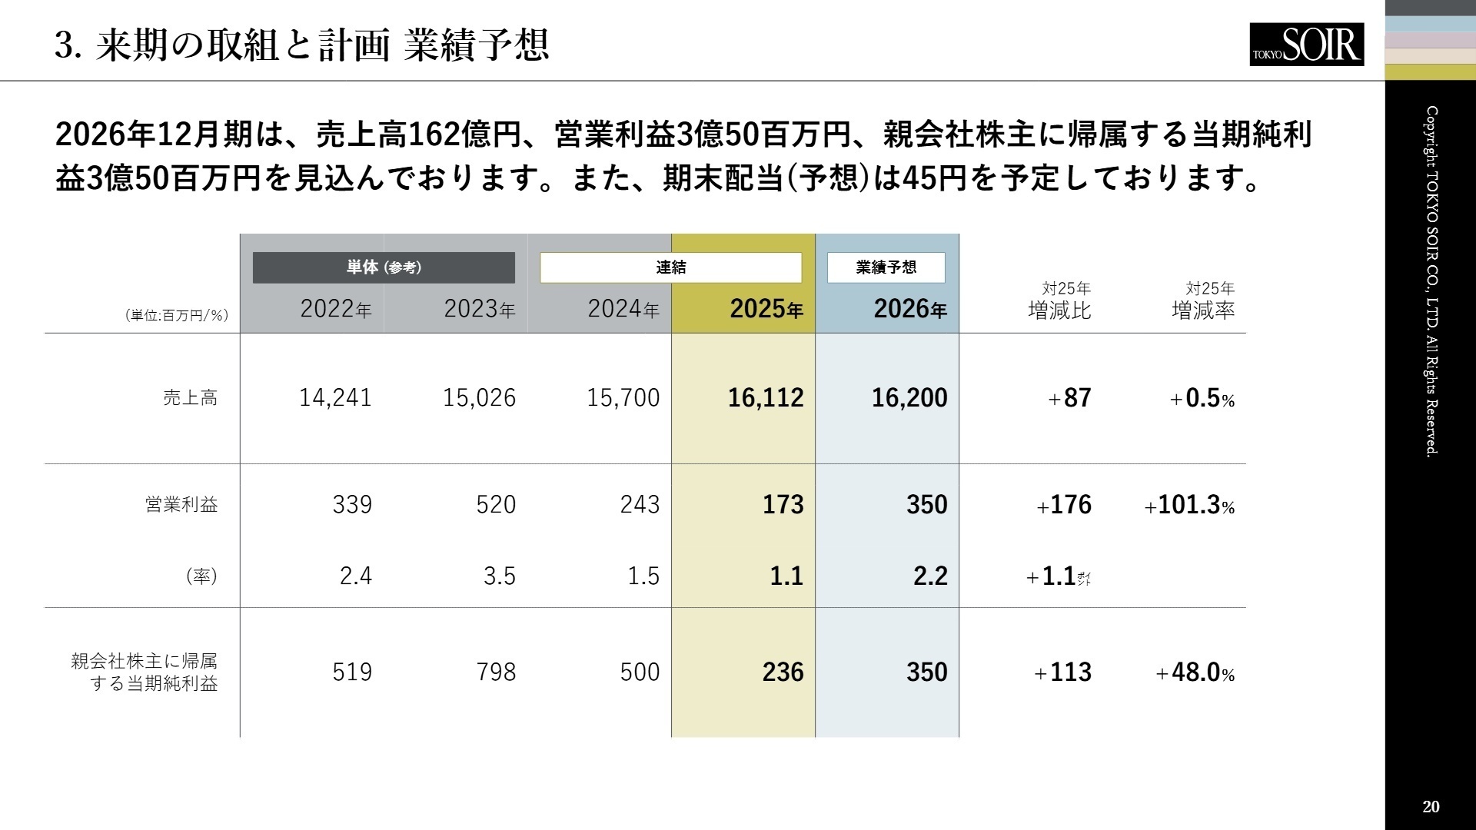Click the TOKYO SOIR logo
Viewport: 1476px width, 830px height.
click(1306, 45)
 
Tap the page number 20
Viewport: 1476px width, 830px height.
click(1431, 806)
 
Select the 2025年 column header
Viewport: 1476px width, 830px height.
click(766, 309)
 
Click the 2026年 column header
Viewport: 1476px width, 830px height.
click(909, 309)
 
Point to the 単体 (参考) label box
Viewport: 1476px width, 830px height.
click(384, 267)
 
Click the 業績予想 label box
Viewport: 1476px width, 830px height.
click(886, 267)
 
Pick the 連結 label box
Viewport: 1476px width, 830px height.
click(670, 267)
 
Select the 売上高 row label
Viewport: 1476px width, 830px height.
click(190, 398)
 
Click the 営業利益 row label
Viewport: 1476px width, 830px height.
click(181, 505)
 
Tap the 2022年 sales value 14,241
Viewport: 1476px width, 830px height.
click(335, 398)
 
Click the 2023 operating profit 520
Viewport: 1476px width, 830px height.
click(496, 505)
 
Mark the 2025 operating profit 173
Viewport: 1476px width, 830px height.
click(783, 505)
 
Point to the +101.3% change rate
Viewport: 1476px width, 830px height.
click(1189, 506)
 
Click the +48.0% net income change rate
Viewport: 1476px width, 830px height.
click(1195, 673)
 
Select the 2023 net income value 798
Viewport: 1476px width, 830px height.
click(496, 672)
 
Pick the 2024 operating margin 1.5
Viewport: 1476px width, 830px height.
click(643, 576)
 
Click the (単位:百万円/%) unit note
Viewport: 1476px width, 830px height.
click(177, 316)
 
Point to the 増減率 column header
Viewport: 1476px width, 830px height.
click(1203, 310)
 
